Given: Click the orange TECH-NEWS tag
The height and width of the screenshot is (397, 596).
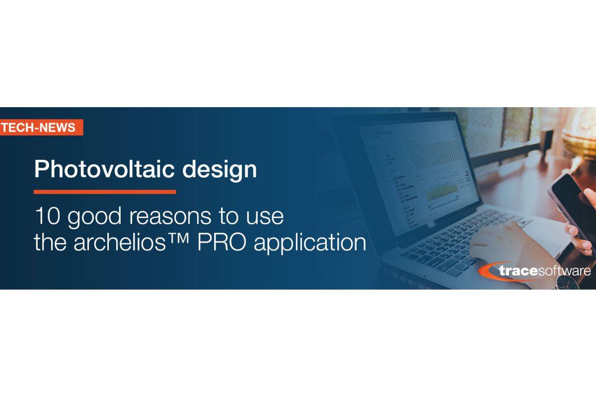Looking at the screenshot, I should click(39, 128).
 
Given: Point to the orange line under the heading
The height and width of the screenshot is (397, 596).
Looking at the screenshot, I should click(104, 192).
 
